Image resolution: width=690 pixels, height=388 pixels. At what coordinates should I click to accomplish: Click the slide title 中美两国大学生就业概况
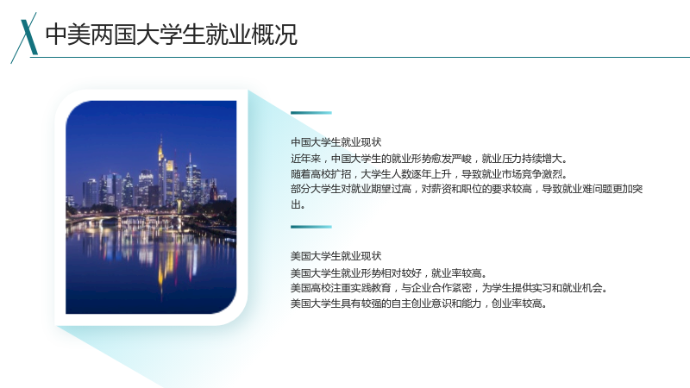point(172,34)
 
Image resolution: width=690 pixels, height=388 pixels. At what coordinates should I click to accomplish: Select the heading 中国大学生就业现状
point(336,142)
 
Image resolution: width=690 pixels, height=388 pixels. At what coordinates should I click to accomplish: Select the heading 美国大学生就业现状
point(336,256)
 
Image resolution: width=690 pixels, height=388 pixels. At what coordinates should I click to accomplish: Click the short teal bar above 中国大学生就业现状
point(311,113)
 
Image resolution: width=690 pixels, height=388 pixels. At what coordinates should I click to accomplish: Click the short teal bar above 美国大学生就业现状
point(311,227)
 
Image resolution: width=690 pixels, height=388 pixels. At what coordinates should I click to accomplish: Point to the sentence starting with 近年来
point(429,159)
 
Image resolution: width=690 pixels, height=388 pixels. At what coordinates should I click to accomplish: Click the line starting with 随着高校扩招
point(429,174)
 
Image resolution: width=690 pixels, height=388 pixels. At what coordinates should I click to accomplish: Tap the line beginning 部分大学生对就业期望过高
point(467,189)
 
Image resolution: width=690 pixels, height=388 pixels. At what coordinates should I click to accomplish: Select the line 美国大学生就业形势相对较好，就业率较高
point(389,273)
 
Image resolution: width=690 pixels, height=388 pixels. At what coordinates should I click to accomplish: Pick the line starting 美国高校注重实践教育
point(448,288)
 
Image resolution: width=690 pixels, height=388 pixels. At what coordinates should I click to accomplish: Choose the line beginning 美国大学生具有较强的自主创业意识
point(418,304)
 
